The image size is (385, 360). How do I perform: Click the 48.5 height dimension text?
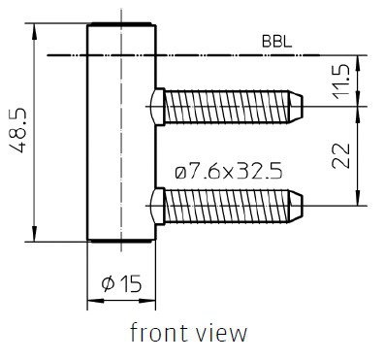17,130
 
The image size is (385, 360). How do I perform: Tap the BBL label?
276,42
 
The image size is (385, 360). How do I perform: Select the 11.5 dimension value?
340,82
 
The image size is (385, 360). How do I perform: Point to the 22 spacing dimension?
341,155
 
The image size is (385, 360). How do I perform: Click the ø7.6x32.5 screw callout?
229,171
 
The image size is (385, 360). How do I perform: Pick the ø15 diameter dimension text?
121,283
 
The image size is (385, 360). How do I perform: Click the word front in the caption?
159,333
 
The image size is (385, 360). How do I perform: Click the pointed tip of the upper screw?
303,107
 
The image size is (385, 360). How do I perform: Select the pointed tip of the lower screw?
303,206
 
